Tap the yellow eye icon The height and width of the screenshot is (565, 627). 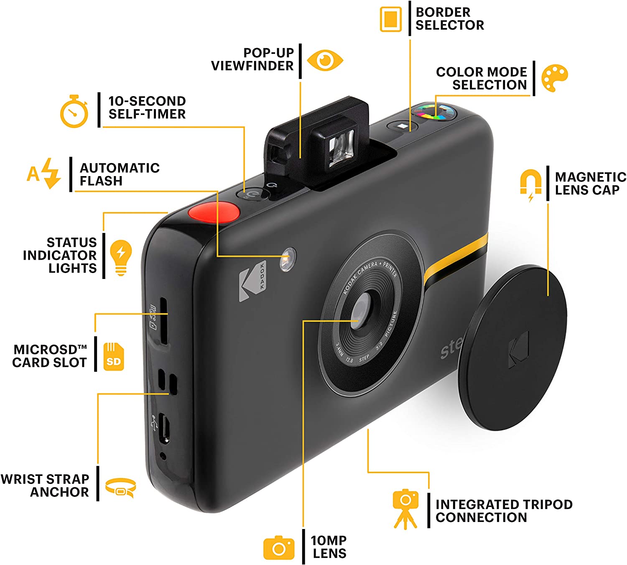tap(325, 60)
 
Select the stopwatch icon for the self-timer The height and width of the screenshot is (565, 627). tap(74, 112)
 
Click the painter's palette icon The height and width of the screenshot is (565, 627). tap(554, 78)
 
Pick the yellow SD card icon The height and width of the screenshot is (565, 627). tap(114, 357)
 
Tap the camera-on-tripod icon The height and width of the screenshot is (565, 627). tap(405, 509)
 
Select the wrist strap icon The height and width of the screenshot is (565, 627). tap(120, 488)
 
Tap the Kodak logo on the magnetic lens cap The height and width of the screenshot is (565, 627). tap(519, 350)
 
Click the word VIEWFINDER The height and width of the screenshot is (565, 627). tap(252, 66)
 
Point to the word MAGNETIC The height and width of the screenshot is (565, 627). tap(590, 177)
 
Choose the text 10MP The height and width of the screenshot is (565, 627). tap(329, 540)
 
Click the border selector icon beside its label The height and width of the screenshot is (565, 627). tap(390, 19)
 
